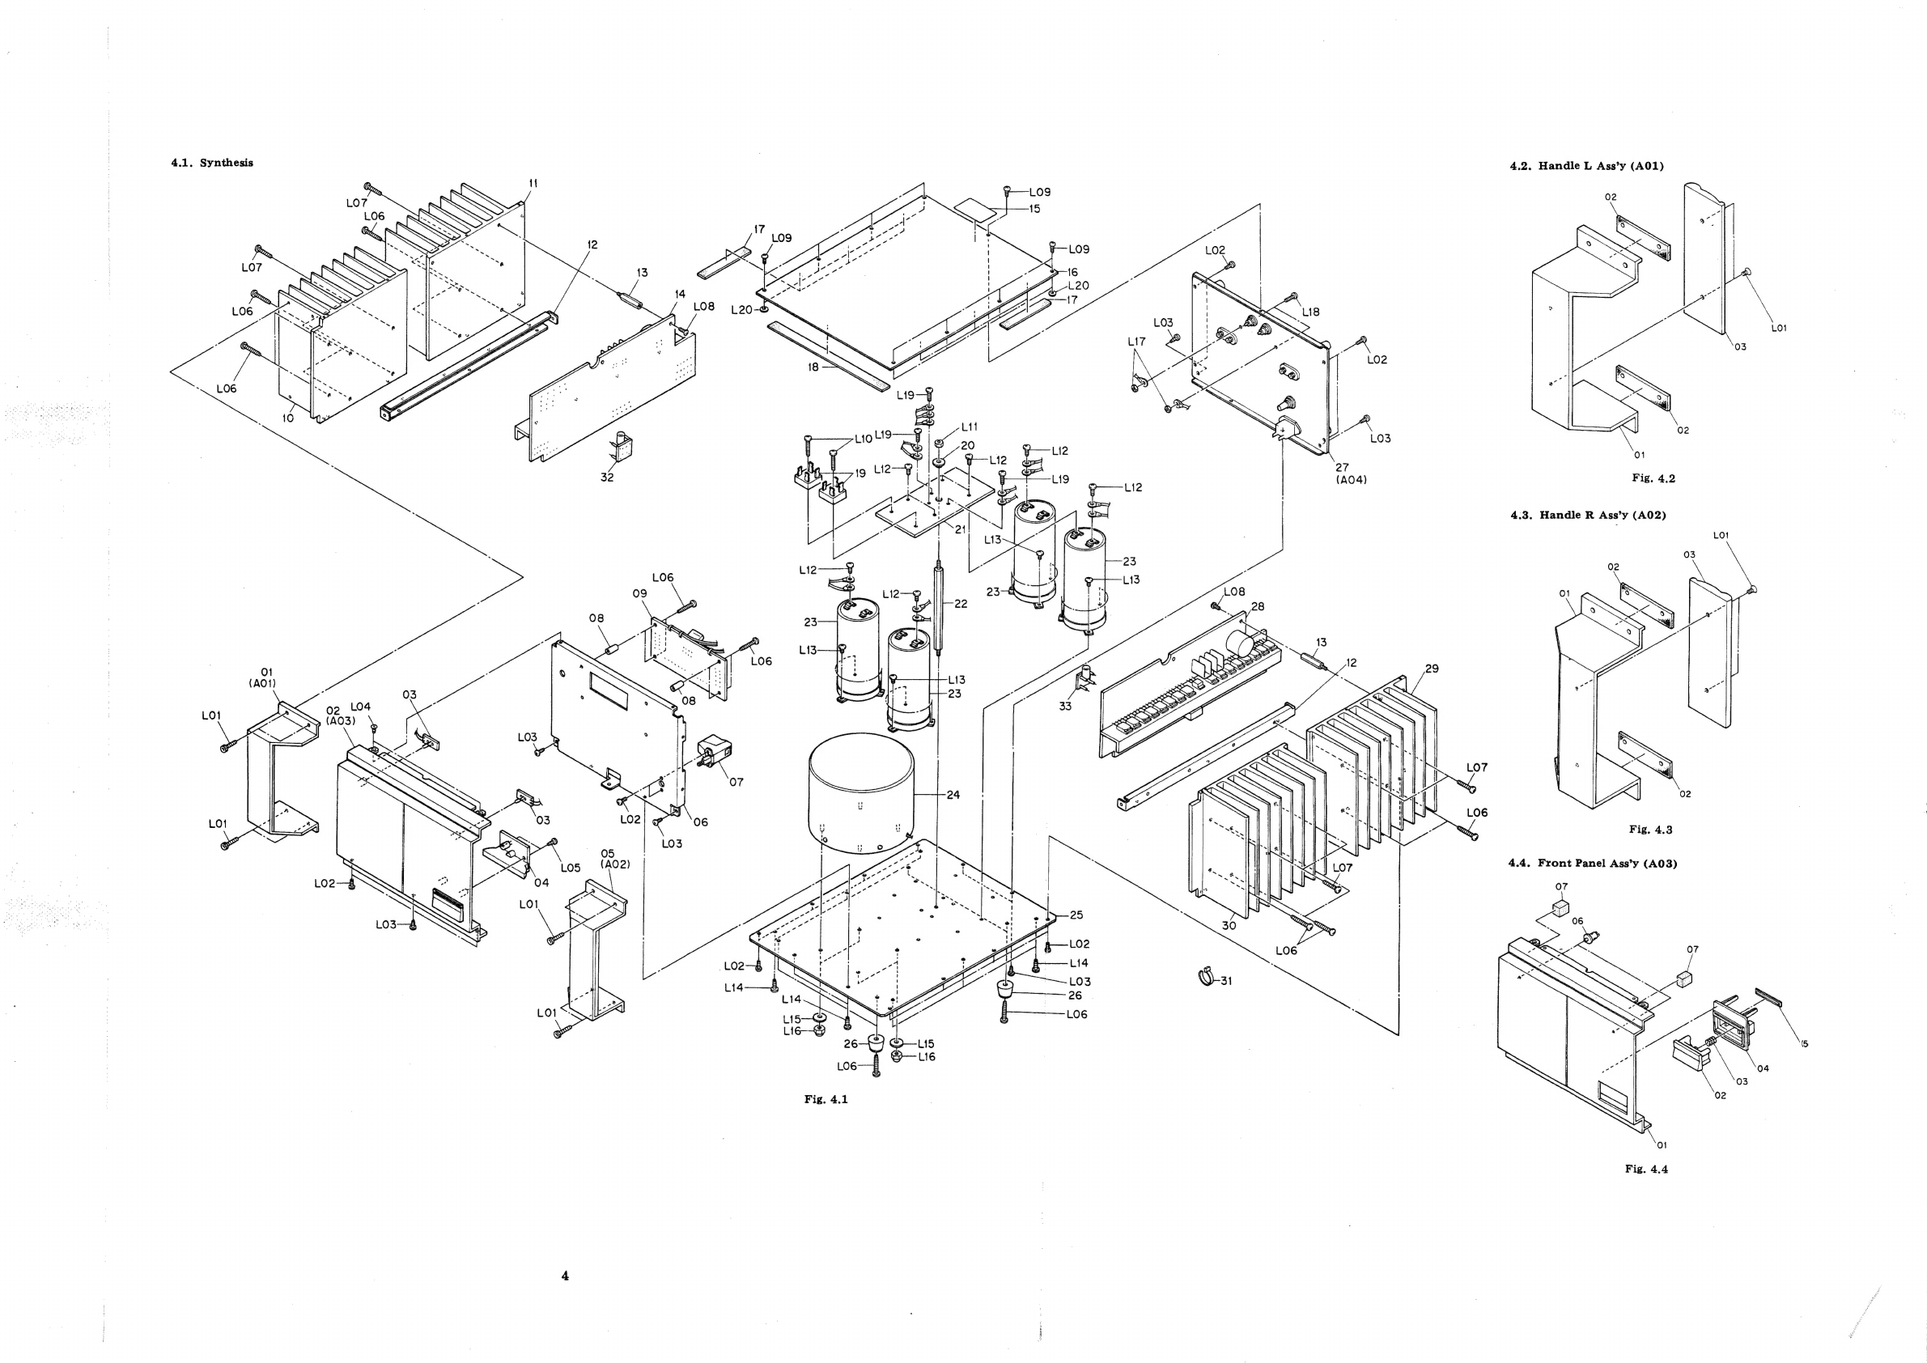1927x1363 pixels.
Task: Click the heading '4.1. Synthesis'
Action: tap(211, 163)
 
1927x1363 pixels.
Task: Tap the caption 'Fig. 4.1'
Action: tap(826, 1099)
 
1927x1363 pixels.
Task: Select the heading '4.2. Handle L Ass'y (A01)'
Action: tap(1586, 166)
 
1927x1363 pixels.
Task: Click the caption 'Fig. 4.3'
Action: tap(1651, 830)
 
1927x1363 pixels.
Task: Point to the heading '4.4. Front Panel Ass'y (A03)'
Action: tap(1593, 863)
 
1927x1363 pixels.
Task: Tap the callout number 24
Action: tap(953, 795)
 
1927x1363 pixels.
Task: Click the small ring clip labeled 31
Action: tap(1206, 977)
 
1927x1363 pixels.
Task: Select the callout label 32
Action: tap(607, 478)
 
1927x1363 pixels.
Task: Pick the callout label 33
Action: tap(1065, 706)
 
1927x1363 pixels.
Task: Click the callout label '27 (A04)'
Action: tap(1351, 474)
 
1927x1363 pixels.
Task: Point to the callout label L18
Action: tap(1311, 312)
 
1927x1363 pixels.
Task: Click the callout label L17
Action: tap(1136, 342)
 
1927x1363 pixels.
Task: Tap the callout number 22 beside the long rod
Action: tap(961, 604)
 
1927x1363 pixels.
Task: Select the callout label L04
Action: tap(360, 707)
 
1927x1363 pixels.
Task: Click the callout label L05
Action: tap(571, 868)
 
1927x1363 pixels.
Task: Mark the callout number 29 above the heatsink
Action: tap(1432, 669)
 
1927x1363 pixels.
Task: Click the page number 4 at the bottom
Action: tap(565, 1276)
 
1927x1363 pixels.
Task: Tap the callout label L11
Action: tap(970, 427)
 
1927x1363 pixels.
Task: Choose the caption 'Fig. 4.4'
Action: tap(1647, 1169)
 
